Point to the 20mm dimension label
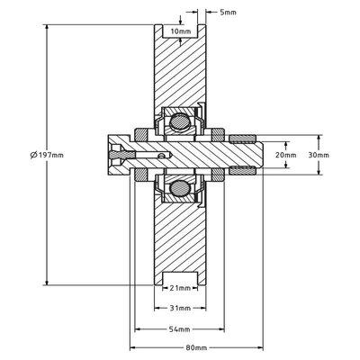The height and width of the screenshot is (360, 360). point(284,154)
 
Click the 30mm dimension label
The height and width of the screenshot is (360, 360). point(318,154)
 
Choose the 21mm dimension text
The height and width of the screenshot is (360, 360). point(180,288)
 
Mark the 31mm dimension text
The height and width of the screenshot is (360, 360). point(180,308)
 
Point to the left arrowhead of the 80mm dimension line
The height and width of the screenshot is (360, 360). point(137,347)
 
